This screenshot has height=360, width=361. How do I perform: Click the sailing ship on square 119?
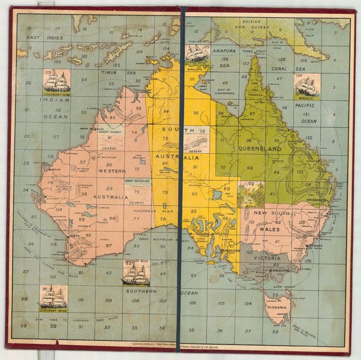coord(56,82)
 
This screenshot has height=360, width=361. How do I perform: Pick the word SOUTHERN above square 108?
coord(141,291)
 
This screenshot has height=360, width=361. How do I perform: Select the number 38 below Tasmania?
coord(275,331)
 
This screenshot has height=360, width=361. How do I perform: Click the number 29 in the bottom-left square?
coord(23,326)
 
